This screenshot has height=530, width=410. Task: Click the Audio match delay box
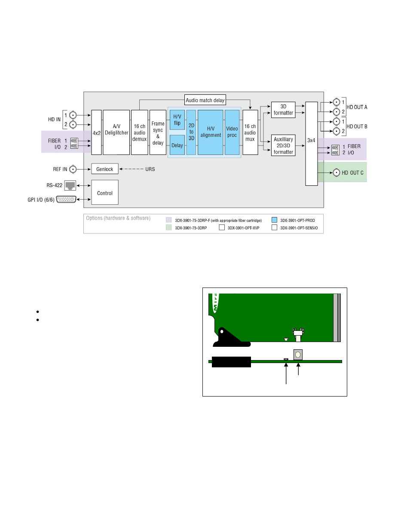tap(205, 100)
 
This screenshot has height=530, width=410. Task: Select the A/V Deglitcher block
tap(116, 132)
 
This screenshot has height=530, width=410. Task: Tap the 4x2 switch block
tap(96, 132)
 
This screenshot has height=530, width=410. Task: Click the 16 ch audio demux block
tap(139, 132)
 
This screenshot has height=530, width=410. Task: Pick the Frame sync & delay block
tap(158, 132)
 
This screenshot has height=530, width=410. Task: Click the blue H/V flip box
tap(177, 120)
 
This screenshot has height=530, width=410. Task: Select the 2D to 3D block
tap(191, 132)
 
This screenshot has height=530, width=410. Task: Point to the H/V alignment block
tap(211, 132)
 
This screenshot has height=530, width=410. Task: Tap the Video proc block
tap(232, 132)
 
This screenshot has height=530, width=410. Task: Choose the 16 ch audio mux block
tap(250, 132)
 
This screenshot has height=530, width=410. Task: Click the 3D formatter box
tap(283, 110)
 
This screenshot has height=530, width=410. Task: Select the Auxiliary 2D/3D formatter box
tap(283, 145)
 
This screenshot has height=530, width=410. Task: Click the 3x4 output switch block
tap(311, 143)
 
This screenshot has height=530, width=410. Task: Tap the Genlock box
tap(105, 169)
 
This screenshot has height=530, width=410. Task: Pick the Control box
tap(105, 192)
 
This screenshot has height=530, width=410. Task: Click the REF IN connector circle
tap(73, 169)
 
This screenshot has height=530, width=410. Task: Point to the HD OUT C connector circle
tap(337, 173)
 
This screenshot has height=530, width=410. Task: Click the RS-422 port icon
tap(70, 185)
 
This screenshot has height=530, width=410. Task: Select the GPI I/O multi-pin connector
tap(66, 200)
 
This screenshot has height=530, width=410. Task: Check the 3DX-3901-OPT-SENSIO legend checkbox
tap(274, 227)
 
